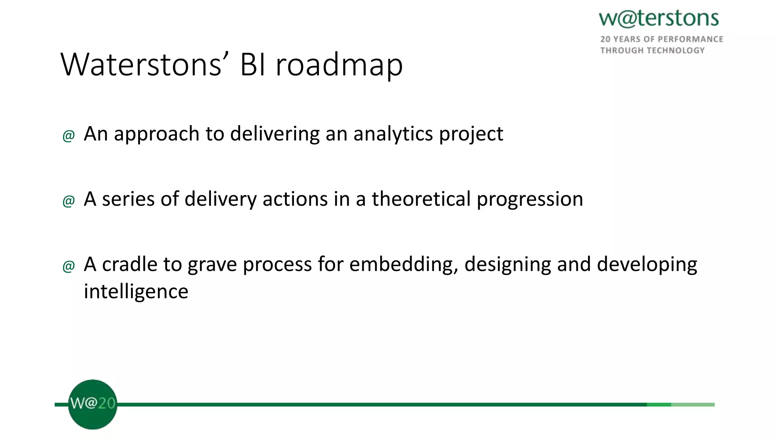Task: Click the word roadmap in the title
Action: coord(339,65)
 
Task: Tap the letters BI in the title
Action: coord(252,64)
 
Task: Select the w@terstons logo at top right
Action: coord(659,19)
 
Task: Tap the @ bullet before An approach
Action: coord(69,135)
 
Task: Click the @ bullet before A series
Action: coord(69,201)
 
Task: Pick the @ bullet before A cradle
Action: coord(69,266)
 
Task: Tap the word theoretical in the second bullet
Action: coord(421,199)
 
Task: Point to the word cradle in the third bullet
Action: coord(130,264)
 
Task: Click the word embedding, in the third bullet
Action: coord(404,265)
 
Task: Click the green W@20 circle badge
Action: coord(93,404)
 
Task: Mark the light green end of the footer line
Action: coord(693,405)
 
